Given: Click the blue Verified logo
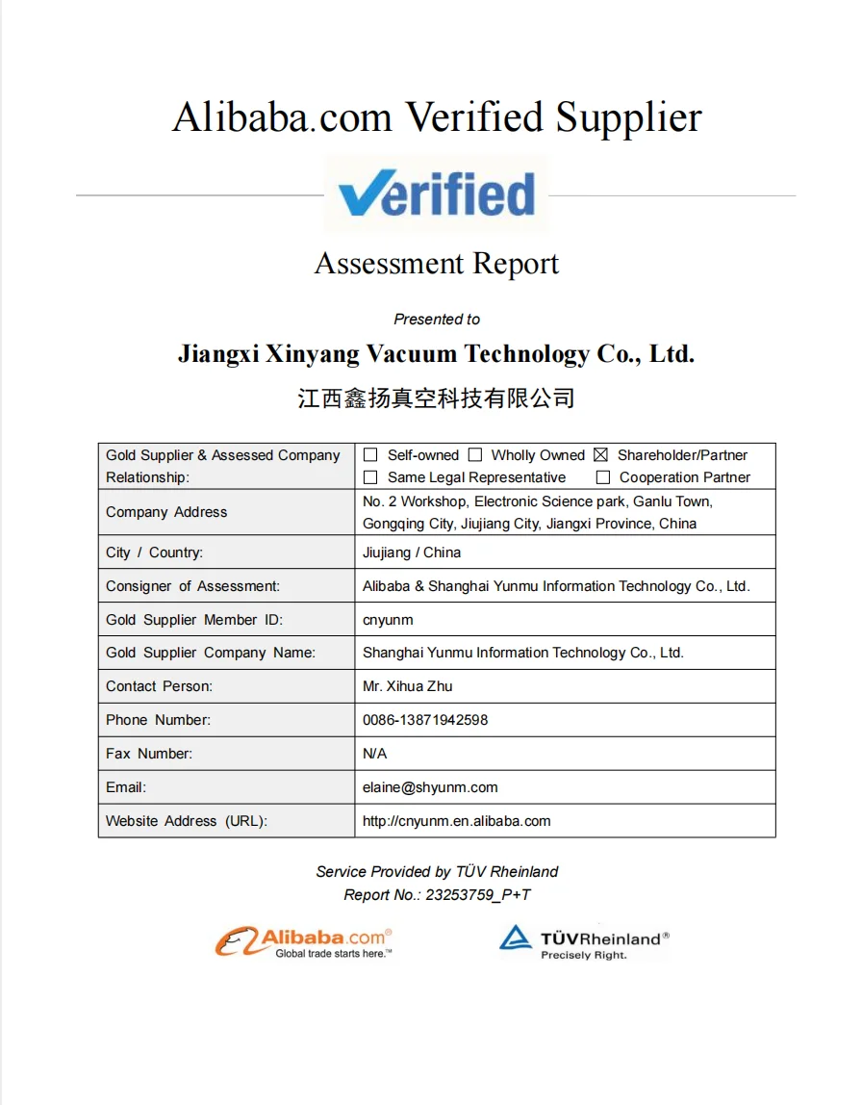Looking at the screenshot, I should [436, 193].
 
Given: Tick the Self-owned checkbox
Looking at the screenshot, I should [370, 455].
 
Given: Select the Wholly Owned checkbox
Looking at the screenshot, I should [475, 455].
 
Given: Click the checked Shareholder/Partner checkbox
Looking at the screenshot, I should [601, 455].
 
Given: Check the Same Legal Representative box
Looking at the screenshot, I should [370, 477].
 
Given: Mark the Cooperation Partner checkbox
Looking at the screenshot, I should [603, 477].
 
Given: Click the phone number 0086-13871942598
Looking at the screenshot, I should [425, 720].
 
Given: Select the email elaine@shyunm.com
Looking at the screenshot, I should [430, 787].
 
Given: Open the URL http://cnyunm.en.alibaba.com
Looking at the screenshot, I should [456, 821].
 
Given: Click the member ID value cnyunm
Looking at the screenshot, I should [388, 620].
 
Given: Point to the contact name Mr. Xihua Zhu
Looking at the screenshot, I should [407, 686].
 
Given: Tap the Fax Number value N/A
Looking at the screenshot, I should [374, 754].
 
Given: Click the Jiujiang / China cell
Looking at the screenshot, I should [412, 552].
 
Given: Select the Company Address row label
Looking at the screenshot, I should [166, 512].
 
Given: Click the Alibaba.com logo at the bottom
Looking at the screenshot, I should [304, 941].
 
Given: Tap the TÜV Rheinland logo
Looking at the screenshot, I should [583, 942].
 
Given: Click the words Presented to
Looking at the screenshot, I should [437, 320].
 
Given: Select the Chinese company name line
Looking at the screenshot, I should [436, 398].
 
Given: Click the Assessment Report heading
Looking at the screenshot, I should [437, 264].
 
